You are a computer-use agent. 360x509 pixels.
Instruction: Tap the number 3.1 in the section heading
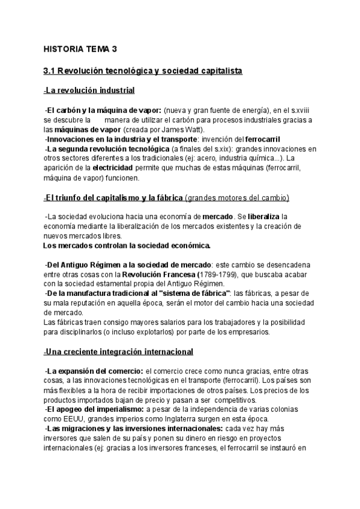point(50,71)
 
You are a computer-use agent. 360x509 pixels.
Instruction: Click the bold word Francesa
point(181,274)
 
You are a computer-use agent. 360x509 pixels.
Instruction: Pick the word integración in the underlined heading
point(128,351)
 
